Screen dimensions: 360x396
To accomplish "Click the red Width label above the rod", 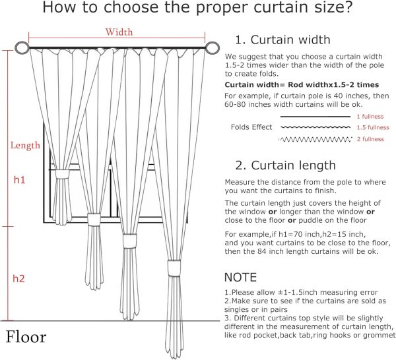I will point(119,32).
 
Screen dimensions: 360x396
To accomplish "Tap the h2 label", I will point(19,279).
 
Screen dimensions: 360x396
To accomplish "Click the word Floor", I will point(26,337).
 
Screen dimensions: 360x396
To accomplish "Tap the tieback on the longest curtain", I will point(174,266).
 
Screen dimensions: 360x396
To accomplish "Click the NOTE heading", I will point(241,277).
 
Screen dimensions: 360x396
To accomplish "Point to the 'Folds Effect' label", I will point(251,127).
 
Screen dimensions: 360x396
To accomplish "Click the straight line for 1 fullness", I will point(315,117).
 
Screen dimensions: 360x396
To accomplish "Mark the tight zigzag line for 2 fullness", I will point(315,139).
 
